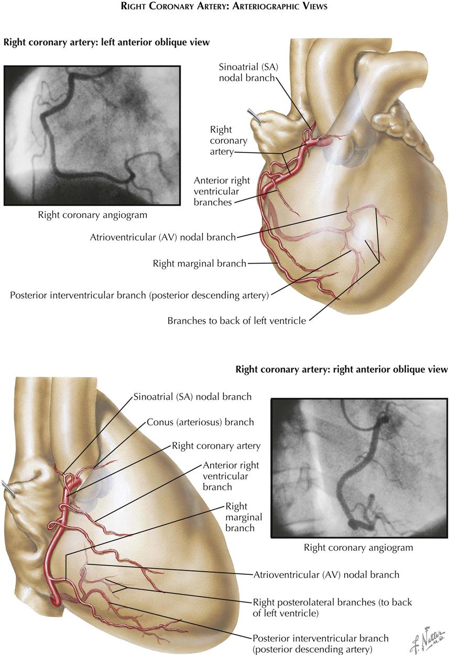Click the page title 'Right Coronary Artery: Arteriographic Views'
click(224, 7)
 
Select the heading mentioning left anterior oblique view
click(107, 42)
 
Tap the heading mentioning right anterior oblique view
click(342, 369)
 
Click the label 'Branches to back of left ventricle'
click(236, 320)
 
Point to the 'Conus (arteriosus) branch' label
click(200, 422)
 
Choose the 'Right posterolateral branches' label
click(332, 607)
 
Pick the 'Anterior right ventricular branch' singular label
click(231, 476)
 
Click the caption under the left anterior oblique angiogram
click(92, 214)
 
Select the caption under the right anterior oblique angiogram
click(358, 548)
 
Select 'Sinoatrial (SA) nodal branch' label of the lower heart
click(192, 397)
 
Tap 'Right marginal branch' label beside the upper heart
click(199, 263)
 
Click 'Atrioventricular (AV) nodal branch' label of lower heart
click(326, 574)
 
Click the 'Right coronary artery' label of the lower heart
click(216, 446)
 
